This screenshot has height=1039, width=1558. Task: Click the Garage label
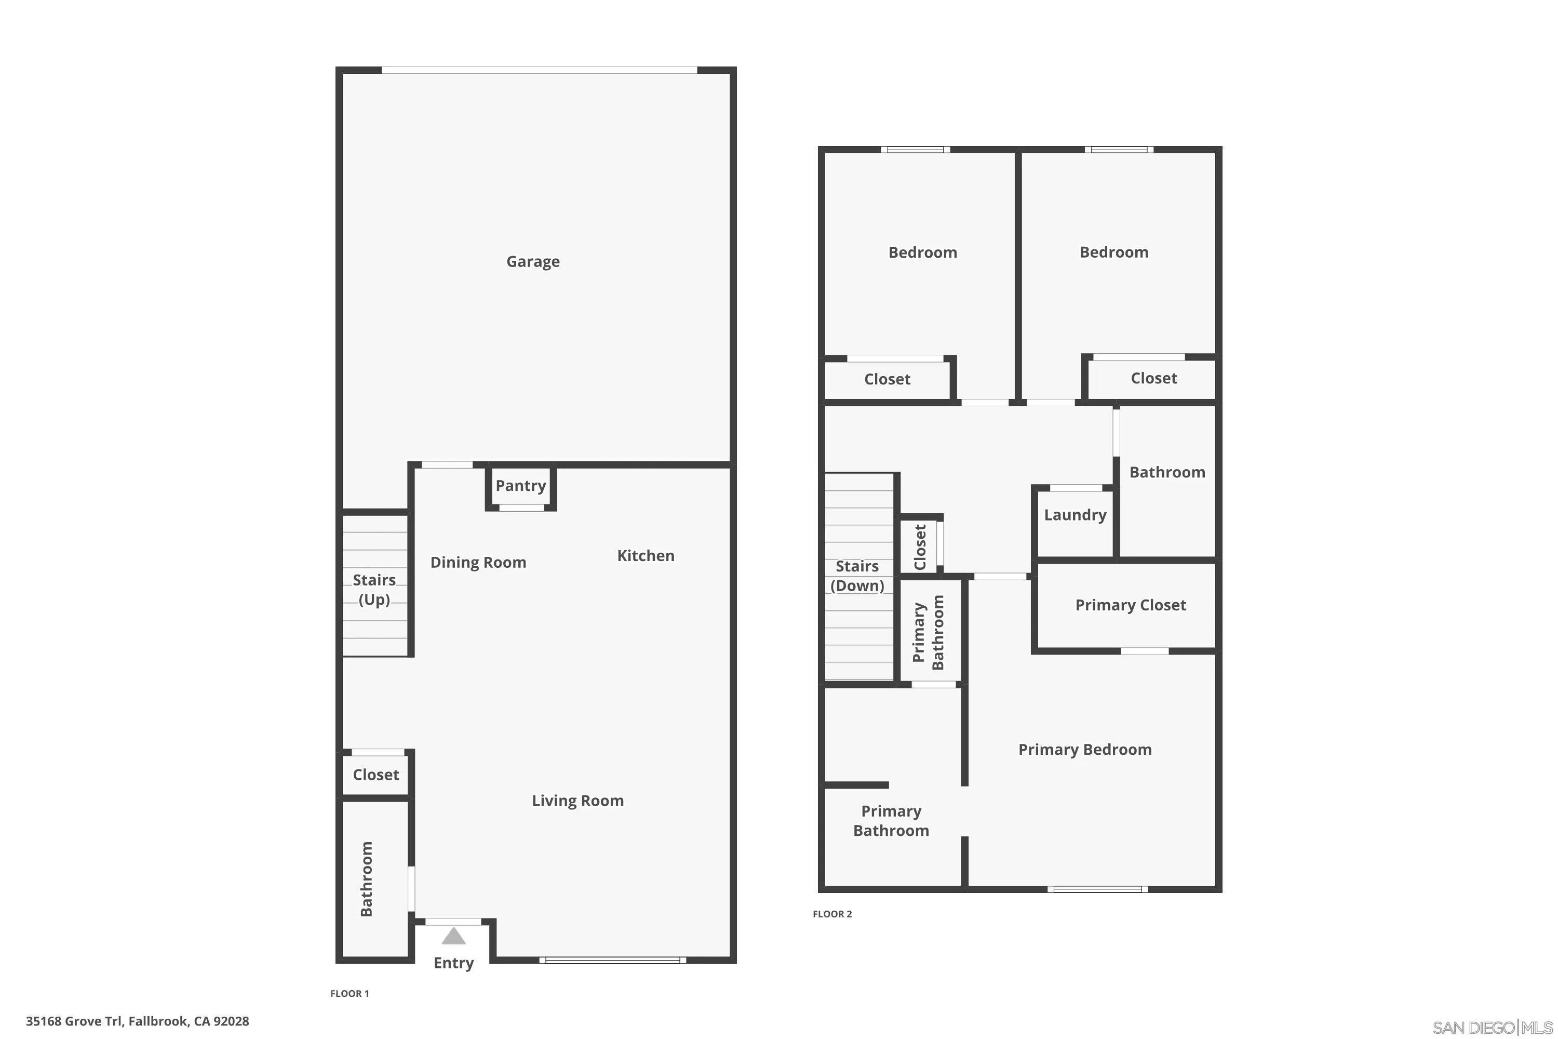click(x=533, y=262)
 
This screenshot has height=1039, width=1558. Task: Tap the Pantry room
click(x=521, y=486)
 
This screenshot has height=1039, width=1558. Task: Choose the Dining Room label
click(x=478, y=563)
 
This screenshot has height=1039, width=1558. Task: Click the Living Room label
click(x=577, y=801)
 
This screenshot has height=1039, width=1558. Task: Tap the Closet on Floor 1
click(x=375, y=775)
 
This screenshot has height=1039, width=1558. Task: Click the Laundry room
click(x=1075, y=515)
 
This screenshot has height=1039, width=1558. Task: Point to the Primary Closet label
click(x=1130, y=605)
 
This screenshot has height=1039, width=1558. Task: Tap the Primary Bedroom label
click(x=1084, y=750)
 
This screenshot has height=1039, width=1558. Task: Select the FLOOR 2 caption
click(x=832, y=914)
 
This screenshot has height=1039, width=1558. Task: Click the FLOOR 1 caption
click(x=350, y=993)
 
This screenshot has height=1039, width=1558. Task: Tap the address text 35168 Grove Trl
click(x=138, y=1021)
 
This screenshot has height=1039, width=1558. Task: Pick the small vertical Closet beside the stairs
click(x=919, y=547)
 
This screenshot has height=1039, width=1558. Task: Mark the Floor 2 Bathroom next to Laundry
click(x=1166, y=472)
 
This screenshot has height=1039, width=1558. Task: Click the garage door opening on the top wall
click(x=539, y=70)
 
